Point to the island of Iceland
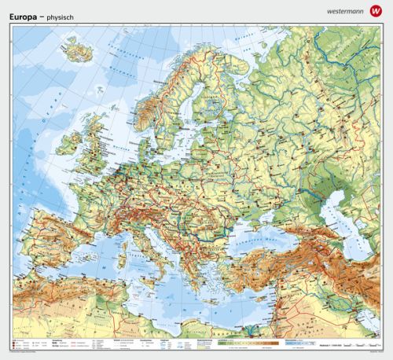pyautogui.click(x=75, y=53)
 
